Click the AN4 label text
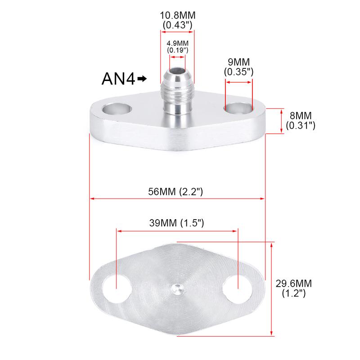point(118,79)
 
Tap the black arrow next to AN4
point(142,79)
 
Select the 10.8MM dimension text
point(177,16)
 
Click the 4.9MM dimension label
point(177,43)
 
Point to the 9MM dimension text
point(238,62)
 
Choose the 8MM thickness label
point(301,116)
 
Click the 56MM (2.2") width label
point(175,192)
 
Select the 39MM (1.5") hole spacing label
point(176,223)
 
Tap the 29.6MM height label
point(294,283)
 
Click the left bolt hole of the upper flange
point(117,109)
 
